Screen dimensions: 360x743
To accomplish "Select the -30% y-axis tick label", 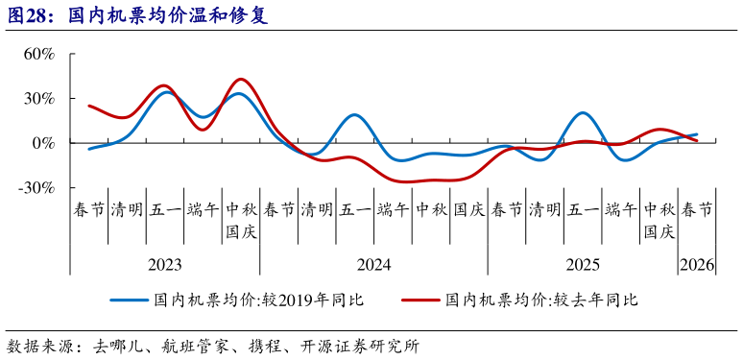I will point(36,188).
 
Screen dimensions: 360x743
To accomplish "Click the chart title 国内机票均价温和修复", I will point(169,17).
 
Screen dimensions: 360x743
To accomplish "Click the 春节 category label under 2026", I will point(697,209).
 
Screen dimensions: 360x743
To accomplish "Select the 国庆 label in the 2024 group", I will point(468,209).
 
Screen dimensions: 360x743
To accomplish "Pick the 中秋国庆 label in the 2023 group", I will point(240,220).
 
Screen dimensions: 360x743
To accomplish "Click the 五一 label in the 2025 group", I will point(583,209).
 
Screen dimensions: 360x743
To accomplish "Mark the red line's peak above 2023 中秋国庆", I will point(241,79).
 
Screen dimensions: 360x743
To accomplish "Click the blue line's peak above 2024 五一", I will point(354,115).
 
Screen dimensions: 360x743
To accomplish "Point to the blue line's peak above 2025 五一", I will point(583,113).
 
